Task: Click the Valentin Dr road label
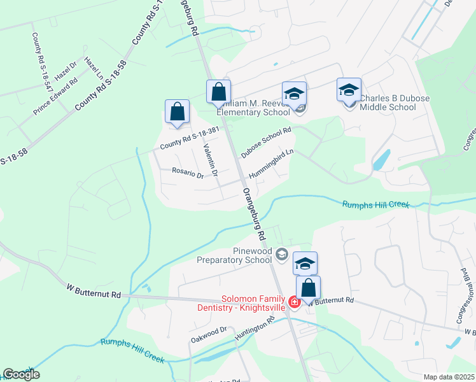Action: point(211,160)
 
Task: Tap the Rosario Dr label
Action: point(187,173)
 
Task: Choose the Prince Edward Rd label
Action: point(55,95)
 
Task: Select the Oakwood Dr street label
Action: point(208,334)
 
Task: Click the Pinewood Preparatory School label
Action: point(234,255)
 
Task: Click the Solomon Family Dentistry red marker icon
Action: point(295,302)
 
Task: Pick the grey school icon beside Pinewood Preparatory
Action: point(281,255)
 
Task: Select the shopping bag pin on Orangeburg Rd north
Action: point(218,92)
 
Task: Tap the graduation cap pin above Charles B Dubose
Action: point(349,90)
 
